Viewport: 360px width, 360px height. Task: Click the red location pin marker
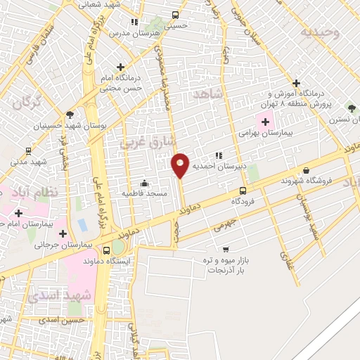[x=180, y=165]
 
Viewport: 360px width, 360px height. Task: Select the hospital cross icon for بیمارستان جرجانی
[x=63, y=233]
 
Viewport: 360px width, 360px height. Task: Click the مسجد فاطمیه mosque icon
[x=145, y=183]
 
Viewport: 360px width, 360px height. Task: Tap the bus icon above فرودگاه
[x=243, y=191]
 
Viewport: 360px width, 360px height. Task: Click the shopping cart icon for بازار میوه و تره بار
[x=225, y=249]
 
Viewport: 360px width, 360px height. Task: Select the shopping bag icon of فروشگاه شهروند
[x=306, y=169]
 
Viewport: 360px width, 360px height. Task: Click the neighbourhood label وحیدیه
[x=319, y=32]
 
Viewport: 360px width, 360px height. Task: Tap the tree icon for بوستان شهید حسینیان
[x=69, y=115]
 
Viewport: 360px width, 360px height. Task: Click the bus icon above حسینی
[x=175, y=15]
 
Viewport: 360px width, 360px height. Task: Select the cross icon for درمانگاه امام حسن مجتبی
[x=124, y=66]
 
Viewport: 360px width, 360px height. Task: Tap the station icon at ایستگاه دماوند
[x=106, y=250]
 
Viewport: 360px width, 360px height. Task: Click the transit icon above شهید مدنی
[x=28, y=150]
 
